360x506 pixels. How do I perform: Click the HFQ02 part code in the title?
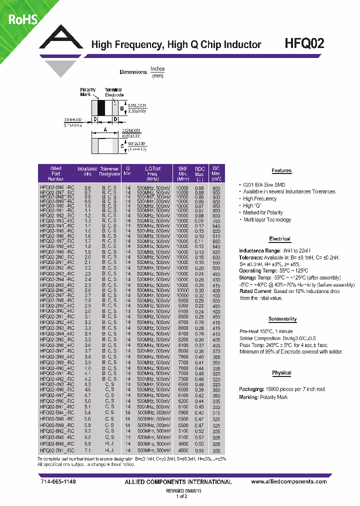pos(303,43)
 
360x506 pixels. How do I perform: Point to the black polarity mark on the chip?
pos(101,108)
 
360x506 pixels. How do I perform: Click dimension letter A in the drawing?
pos(104,129)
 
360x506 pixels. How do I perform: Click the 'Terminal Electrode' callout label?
pos(114,92)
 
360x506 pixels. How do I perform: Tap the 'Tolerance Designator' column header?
pos(109,171)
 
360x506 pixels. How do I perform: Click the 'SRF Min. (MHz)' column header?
pos(183,173)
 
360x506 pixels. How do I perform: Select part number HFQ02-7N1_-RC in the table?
pos(56,450)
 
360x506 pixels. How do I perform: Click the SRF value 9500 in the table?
pos(183,300)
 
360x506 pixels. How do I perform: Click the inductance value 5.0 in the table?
pos(87,401)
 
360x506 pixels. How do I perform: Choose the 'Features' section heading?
pos(281,170)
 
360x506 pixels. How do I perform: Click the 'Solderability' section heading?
pos(282,319)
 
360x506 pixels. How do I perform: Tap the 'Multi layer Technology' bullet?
pos(266,219)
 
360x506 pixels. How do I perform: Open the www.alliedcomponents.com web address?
pos(286,481)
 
